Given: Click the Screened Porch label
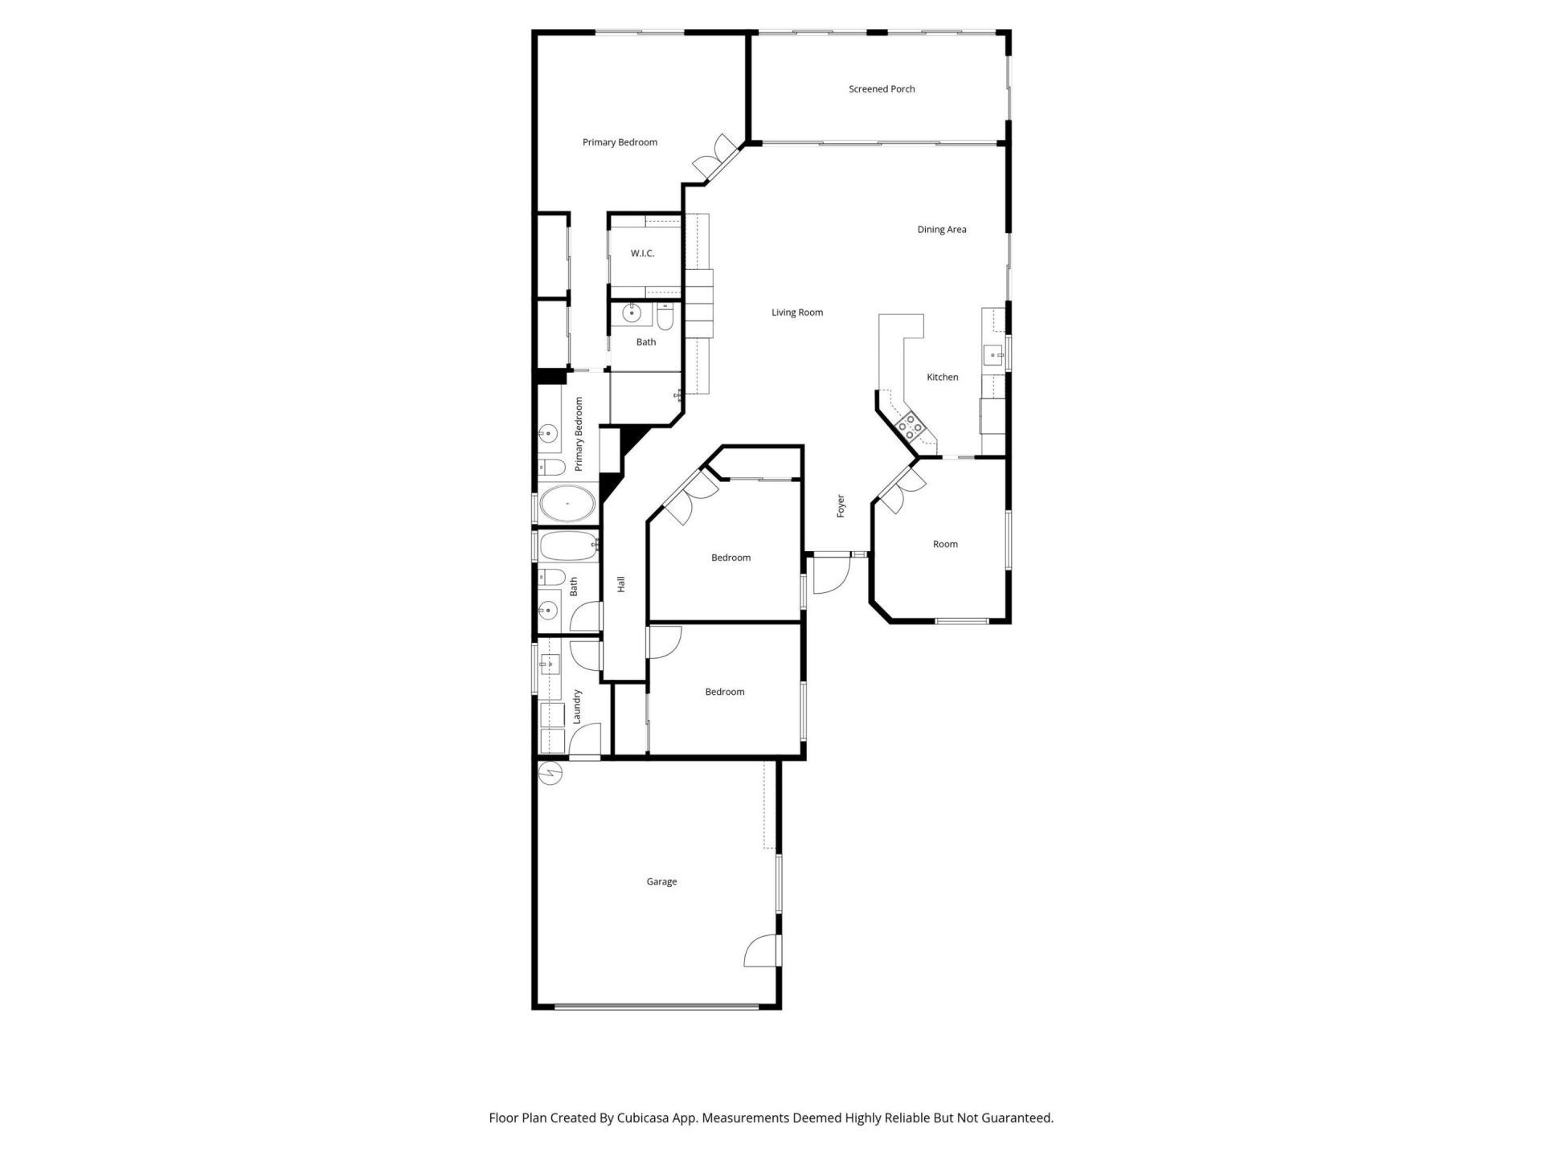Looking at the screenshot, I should (x=882, y=89).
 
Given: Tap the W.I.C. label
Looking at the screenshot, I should (x=642, y=253).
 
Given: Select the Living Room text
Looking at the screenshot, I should (x=796, y=313).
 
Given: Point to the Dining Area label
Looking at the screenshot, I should (x=941, y=230).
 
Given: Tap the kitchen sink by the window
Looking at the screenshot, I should (x=995, y=354).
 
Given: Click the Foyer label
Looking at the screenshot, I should (x=841, y=505).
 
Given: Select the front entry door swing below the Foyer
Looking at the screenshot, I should (x=831, y=574).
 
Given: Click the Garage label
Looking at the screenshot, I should (x=661, y=881).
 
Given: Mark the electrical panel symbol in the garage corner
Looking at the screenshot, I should (x=551, y=773).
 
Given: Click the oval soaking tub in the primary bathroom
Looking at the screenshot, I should (x=567, y=505).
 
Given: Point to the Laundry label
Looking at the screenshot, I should (x=577, y=707).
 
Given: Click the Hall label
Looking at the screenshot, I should (x=620, y=584).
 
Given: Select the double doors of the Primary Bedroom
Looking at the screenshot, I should (x=715, y=157).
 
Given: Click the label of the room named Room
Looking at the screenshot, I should (x=945, y=544).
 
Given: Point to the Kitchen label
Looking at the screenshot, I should (x=942, y=377).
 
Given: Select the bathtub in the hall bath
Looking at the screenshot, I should (x=569, y=546).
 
